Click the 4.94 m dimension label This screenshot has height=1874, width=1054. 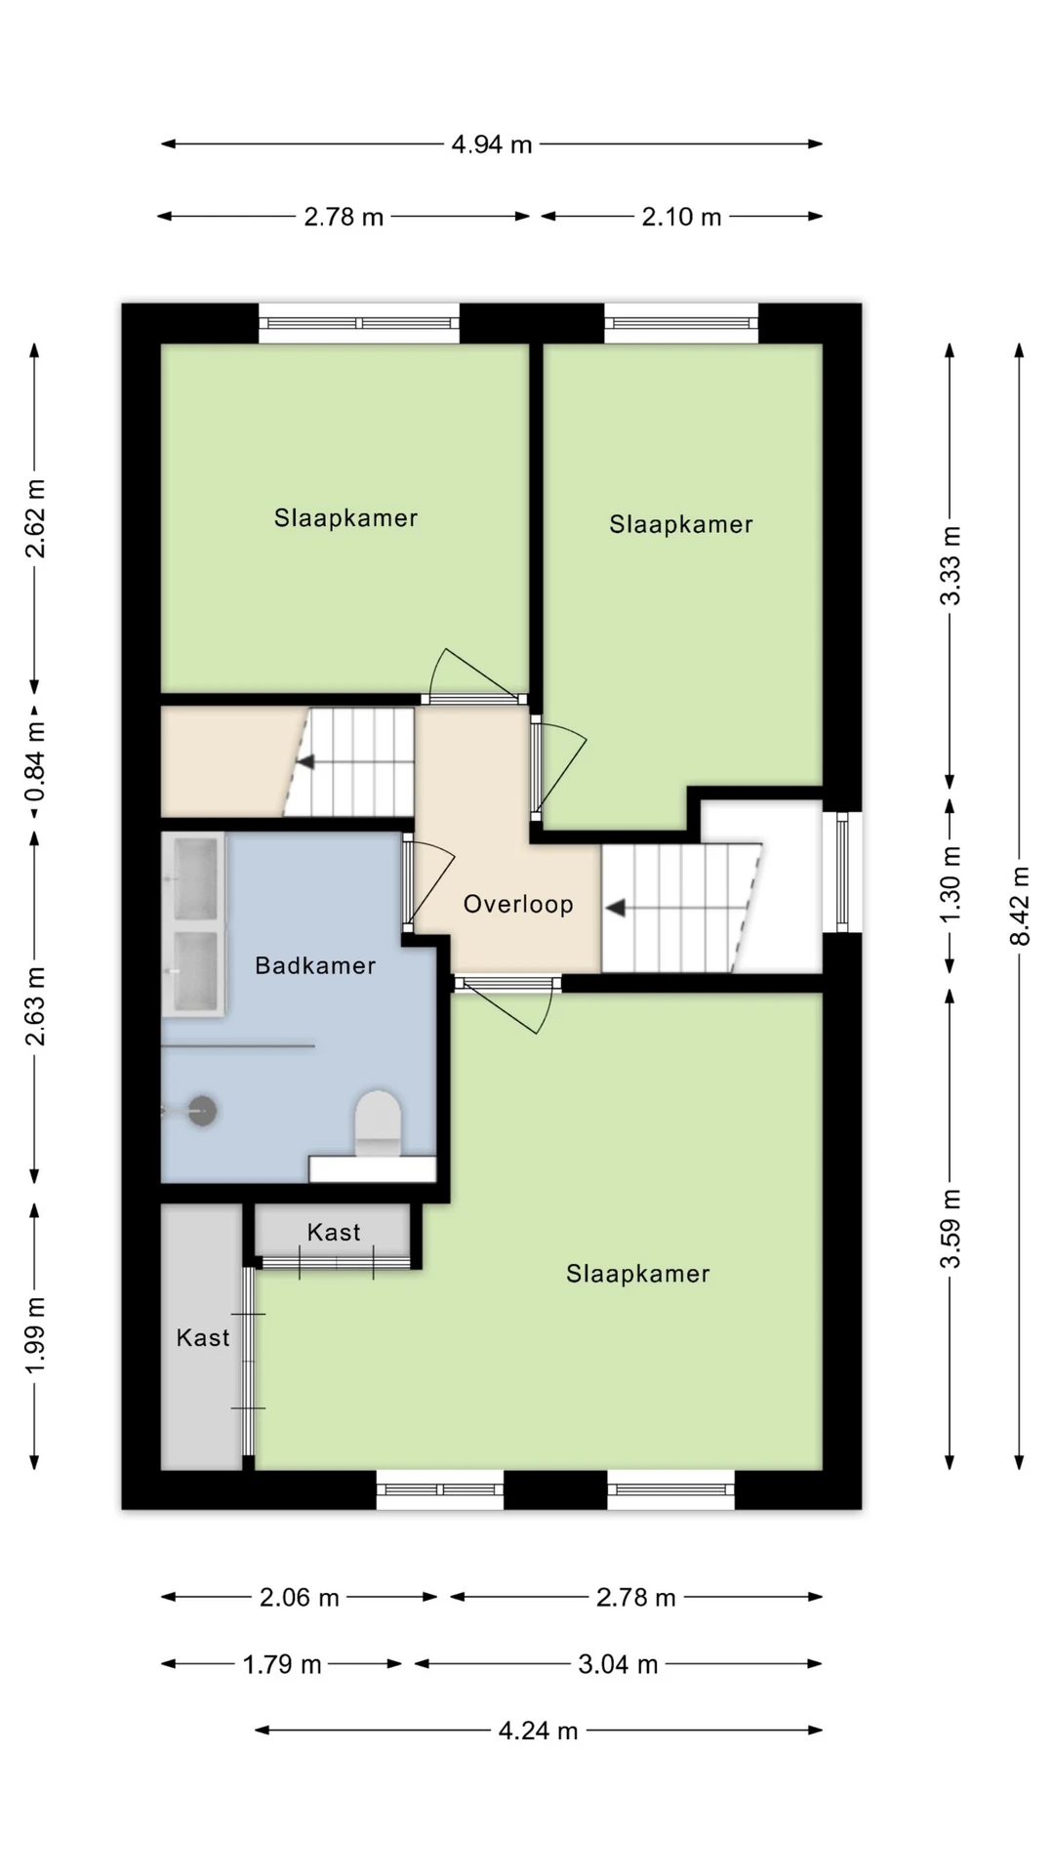tap(492, 144)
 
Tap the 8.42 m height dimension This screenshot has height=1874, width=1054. tap(1020, 906)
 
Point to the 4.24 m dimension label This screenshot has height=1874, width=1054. tap(539, 1731)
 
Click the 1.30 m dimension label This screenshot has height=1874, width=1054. tap(952, 883)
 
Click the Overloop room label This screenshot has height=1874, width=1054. tap(518, 904)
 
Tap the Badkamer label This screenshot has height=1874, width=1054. tap(315, 965)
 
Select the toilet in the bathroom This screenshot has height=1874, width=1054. tap(378, 1123)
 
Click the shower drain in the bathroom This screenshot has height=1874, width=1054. tap(202, 1111)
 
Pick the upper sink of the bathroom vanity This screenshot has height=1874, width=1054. tap(195, 878)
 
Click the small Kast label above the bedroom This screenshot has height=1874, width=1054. tap(334, 1232)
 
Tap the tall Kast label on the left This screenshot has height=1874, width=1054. tap(203, 1337)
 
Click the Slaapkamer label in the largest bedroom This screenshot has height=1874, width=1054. tap(638, 1274)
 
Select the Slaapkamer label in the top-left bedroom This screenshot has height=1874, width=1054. tap(345, 517)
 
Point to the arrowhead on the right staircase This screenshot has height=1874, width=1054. tap(615, 909)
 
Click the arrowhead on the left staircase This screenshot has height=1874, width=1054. tap(305, 761)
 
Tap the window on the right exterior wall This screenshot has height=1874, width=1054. tap(843, 872)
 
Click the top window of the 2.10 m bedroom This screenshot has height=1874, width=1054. tap(681, 323)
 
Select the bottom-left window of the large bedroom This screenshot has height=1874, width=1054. tap(440, 1489)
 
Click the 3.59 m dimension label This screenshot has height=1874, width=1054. tap(952, 1229)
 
